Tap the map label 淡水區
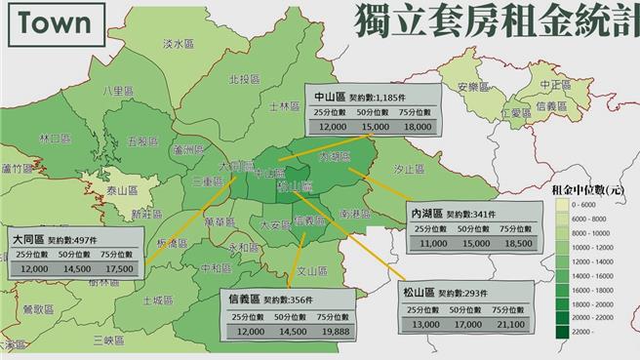[178, 44]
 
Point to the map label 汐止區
[408, 170]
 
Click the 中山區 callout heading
[334, 99]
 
